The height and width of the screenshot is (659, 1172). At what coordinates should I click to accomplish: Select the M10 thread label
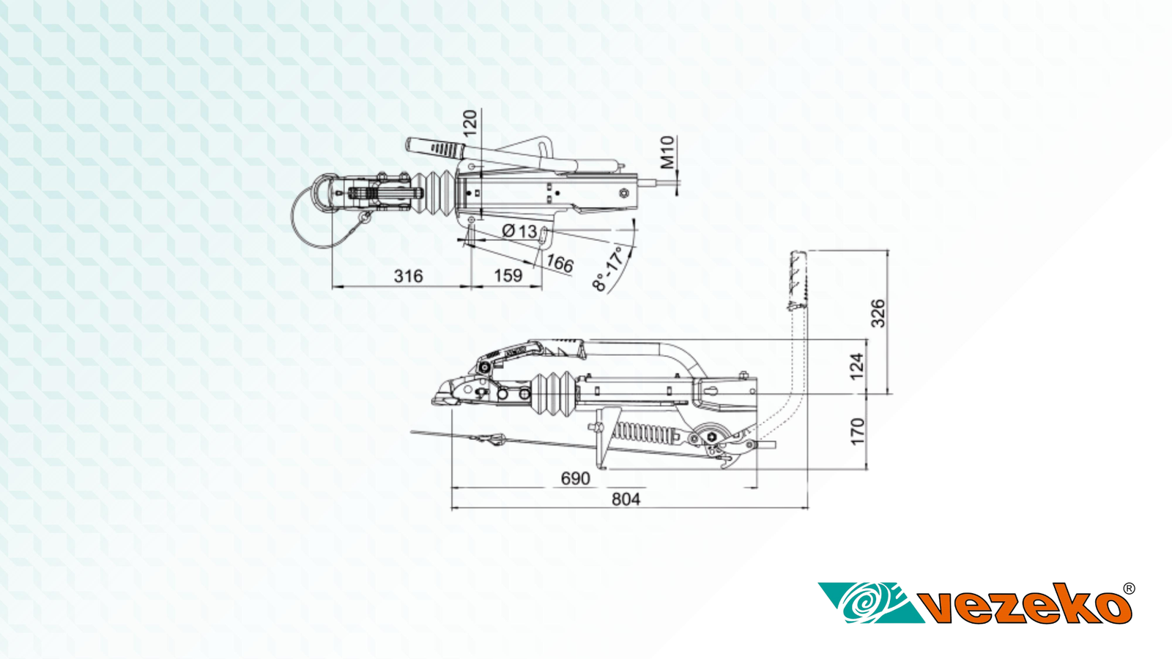click(667, 152)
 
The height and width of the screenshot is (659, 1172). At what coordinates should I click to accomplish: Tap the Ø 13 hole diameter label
click(519, 231)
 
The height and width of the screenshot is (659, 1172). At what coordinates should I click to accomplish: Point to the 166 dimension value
click(560, 263)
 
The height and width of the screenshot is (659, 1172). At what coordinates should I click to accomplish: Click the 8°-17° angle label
click(609, 269)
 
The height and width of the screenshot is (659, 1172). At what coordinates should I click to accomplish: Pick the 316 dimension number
click(408, 275)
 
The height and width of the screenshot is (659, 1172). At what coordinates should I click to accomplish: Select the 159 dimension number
click(508, 275)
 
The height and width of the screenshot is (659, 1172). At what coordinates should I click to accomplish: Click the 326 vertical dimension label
click(878, 313)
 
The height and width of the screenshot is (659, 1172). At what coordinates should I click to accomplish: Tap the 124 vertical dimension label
click(856, 367)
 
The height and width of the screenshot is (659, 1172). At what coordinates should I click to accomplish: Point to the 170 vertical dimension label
click(857, 431)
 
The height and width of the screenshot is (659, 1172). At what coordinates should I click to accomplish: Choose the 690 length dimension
click(576, 478)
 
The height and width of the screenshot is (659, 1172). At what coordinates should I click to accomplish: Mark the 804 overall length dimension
click(626, 499)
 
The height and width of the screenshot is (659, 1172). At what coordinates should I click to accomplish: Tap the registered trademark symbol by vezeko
click(1129, 589)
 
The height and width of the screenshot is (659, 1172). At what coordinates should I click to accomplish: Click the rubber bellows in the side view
click(554, 393)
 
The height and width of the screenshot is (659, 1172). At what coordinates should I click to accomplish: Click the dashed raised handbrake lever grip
click(798, 280)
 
